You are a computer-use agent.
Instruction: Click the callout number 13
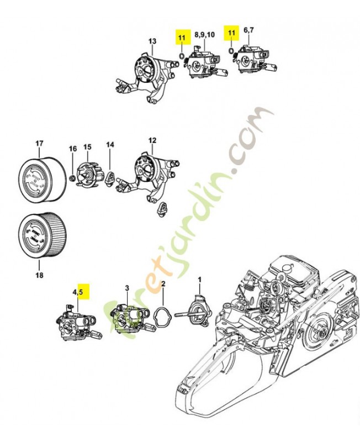152,41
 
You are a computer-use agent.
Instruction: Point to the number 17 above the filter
39,144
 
